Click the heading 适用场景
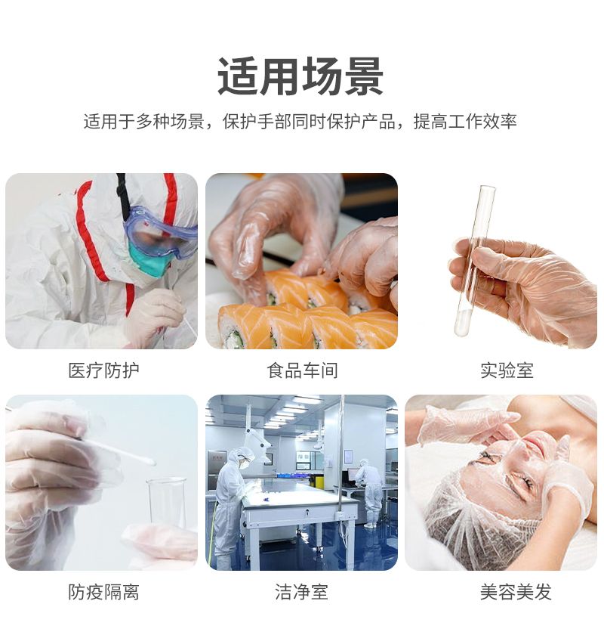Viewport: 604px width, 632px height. tap(300, 76)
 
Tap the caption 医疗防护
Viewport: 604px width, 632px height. tap(104, 370)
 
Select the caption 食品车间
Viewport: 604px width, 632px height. tap(302, 370)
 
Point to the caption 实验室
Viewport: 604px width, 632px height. tap(507, 370)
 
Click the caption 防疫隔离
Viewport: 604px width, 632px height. tap(103, 592)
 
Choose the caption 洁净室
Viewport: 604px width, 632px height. tap(301, 592)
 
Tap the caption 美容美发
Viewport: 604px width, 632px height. tap(516, 592)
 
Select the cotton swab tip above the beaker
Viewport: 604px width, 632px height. tap(148, 462)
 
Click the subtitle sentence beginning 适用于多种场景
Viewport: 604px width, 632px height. tap(300, 121)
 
